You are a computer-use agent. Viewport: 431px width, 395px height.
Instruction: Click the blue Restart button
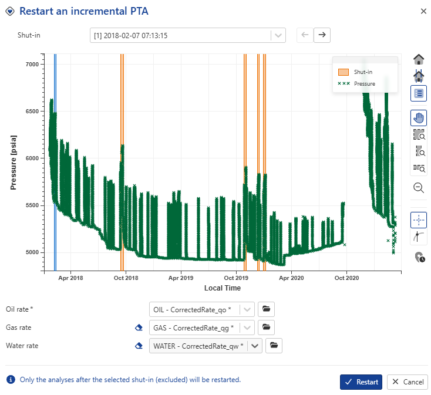(361, 382)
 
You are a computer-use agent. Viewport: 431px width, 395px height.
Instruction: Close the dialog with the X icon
(423, 11)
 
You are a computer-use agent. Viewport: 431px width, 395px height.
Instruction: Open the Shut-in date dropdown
(278, 35)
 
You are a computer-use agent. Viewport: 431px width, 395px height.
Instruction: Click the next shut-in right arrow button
(322, 35)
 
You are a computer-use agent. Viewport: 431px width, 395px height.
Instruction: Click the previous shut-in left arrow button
(304, 35)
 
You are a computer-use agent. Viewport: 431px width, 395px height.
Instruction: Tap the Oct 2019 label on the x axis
(236, 278)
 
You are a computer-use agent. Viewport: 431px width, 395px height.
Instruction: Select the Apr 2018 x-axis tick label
(71, 278)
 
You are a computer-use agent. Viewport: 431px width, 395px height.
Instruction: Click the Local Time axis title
(223, 288)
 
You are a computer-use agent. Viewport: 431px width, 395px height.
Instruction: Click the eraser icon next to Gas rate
(139, 328)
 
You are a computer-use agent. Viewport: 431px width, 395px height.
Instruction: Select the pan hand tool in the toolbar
(419, 117)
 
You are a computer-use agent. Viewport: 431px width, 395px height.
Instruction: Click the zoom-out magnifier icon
(419, 188)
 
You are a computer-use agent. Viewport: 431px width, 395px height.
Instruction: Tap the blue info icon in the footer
(11, 380)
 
